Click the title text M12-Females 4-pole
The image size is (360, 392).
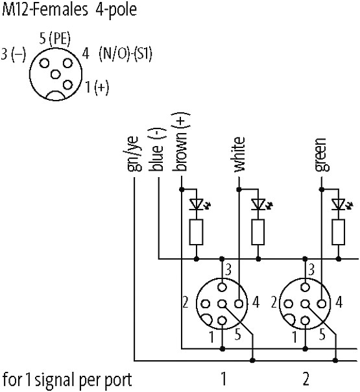click(x=69, y=10)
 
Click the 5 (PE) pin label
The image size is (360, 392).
click(x=55, y=39)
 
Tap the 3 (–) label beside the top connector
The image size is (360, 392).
click(x=14, y=54)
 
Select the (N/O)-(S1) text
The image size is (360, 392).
click(x=125, y=54)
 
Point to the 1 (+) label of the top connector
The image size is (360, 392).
click(x=97, y=88)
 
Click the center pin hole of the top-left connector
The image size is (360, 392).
click(x=56, y=74)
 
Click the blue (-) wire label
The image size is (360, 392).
click(x=158, y=150)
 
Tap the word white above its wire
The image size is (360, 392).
click(x=239, y=154)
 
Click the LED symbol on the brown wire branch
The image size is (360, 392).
click(x=200, y=204)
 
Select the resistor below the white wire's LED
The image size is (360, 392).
click(x=258, y=232)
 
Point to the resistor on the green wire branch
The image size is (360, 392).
click(x=338, y=232)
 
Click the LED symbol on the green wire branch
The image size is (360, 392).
click(x=342, y=204)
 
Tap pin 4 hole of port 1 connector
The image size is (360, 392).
click(x=239, y=304)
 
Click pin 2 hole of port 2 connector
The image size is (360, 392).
click(x=288, y=304)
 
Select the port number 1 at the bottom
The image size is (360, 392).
click(x=224, y=379)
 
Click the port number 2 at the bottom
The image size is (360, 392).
click(x=306, y=379)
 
